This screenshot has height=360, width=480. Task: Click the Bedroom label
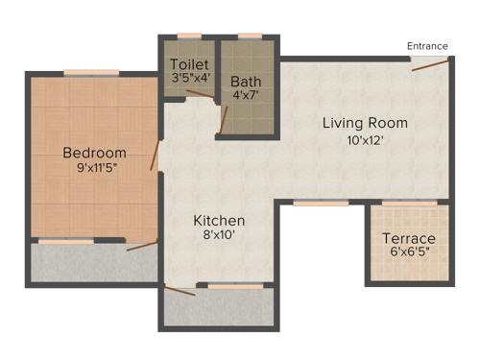pos(94,153)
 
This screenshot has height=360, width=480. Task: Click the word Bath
pos(246,82)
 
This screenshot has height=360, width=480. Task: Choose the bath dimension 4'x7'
pos(246,96)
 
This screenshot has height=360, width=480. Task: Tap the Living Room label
pos(365,123)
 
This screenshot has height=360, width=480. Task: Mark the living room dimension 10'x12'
pos(365,139)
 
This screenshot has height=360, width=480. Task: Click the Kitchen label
pos(219,221)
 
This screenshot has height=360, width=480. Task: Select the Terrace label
pos(409,239)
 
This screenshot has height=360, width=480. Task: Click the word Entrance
pos(427,46)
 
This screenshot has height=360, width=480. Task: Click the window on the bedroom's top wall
pos(90,73)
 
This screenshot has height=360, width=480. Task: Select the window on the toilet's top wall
pos(188,36)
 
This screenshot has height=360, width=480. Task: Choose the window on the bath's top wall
pos(250,36)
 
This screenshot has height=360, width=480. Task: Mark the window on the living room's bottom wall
pos(321,204)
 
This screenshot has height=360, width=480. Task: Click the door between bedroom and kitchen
pos(155,156)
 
